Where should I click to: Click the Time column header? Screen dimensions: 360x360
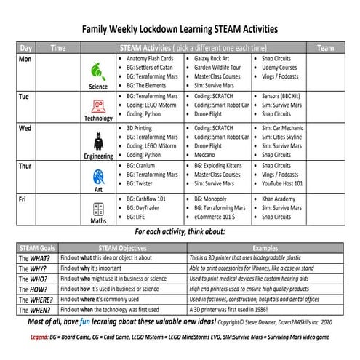(58, 47)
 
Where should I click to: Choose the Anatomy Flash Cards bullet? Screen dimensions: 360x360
(150, 58)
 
